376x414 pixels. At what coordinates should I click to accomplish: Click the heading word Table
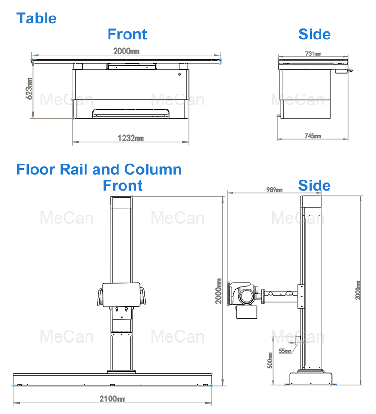tap(37, 18)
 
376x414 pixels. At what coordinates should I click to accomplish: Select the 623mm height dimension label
tap(30, 88)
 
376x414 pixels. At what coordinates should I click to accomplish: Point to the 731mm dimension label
tap(313, 54)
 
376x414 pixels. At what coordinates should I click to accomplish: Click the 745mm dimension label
tap(313, 136)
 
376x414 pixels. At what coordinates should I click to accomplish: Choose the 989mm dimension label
tap(275, 190)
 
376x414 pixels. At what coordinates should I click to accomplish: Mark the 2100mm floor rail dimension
tap(112, 399)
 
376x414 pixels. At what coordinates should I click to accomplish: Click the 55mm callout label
tap(285, 351)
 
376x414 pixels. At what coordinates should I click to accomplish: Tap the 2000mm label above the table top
tap(126, 51)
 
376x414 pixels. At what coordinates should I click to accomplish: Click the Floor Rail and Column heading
tap(99, 169)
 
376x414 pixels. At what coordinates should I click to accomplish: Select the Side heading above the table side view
tap(314, 34)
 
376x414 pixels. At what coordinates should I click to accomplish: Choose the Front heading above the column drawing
tap(123, 185)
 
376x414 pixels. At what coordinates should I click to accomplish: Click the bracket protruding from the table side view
tap(343, 71)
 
